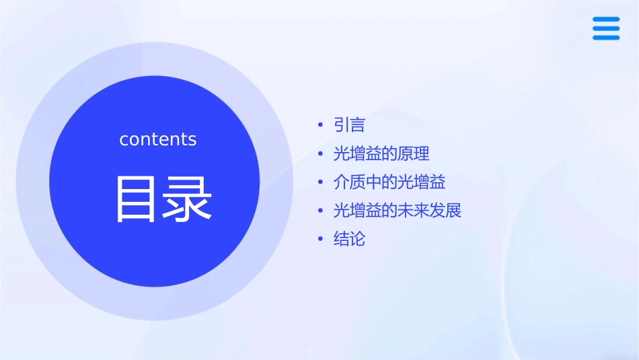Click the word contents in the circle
tap(158, 139)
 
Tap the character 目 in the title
tap(137, 199)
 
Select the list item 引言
tap(349, 125)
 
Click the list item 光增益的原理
tap(381, 154)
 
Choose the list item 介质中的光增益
tap(389, 182)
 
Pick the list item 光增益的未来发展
tap(398, 211)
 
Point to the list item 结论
tap(349, 239)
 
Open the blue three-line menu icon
tap(606, 28)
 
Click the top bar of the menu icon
tap(606, 19)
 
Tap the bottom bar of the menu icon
tap(606, 38)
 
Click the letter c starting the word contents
tap(124, 140)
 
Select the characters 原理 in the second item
tap(414, 154)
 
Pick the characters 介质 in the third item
tap(349, 182)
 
